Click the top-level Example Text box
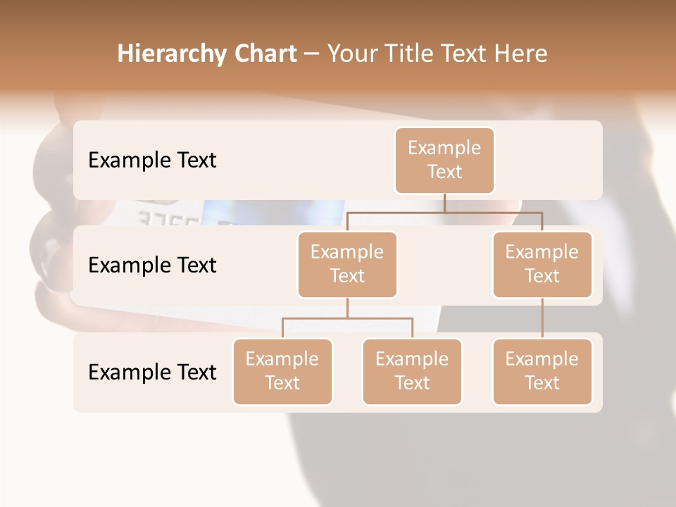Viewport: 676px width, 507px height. point(444,160)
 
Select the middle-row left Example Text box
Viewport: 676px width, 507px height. point(347,264)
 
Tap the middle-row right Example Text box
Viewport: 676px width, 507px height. point(542,264)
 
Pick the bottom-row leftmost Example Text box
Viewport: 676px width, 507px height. point(282,371)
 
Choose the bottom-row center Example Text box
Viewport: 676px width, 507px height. point(412,371)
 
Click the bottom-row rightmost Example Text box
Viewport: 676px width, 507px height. point(542,371)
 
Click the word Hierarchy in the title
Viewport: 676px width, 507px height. point(171,54)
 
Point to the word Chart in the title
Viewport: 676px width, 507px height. point(265,54)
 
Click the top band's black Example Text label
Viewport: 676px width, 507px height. point(152,160)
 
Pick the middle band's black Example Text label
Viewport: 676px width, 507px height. point(152,265)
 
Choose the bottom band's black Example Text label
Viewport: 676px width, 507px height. point(152,372)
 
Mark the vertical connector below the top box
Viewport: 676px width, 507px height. point(444,202)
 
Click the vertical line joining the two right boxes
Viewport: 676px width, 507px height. point(542,318)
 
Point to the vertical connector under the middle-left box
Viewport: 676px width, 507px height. point(347,308)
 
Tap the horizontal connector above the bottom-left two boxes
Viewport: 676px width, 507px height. point(347,318)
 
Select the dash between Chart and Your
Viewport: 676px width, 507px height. point(312,54)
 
